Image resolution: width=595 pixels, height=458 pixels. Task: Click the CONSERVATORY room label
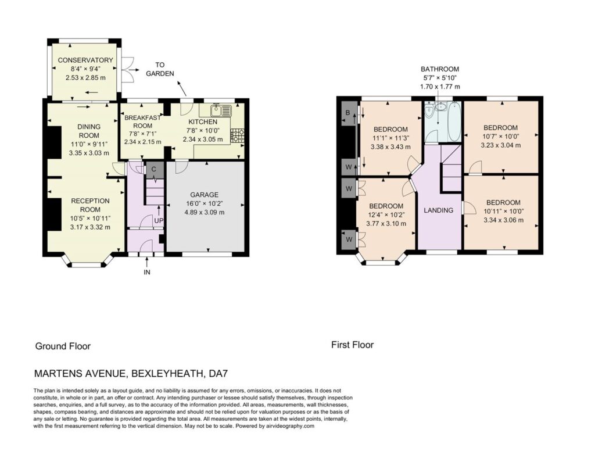[85, 60]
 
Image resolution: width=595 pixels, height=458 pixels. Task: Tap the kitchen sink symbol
[220, 110]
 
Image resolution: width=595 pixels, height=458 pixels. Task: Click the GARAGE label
[204, 195]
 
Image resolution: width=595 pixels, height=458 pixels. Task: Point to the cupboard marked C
[153, 170]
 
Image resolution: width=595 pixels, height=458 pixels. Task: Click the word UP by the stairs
[159, 221]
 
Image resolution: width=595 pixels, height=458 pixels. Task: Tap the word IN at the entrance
[147, 272]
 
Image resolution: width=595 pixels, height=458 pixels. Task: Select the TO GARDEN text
[160, 69]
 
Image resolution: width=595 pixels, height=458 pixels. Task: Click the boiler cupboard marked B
[347, 113]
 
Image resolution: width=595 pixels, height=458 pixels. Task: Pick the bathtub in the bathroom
[454, 121]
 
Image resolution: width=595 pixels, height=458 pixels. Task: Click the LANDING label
[439, 210]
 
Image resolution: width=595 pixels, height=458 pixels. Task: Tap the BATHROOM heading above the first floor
[440, 69]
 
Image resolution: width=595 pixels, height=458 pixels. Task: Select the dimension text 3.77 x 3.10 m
[386, 224]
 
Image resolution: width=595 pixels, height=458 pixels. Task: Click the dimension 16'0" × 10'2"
[204, 203]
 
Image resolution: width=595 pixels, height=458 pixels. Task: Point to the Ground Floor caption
[63, 346]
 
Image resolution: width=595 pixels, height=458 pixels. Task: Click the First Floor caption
[353, 345]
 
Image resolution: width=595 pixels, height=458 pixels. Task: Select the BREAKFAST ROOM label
[143, 121]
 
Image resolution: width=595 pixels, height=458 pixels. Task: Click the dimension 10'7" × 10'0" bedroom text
[500, 136]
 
